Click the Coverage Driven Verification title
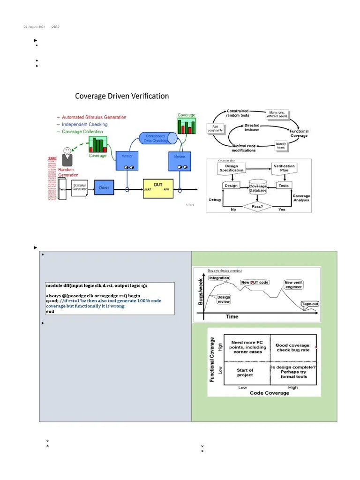(122, 96)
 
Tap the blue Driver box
(104, 188)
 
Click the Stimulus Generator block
(79, 187)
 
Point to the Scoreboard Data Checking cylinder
(158, 138)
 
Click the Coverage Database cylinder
(257, 188)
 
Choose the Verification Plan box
(284, 168)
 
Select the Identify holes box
(281, 146)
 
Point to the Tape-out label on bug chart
(310, 304)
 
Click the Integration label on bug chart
(219, 278)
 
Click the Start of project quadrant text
(245, 373)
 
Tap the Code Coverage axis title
(269, 393)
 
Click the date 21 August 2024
(35, 26)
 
